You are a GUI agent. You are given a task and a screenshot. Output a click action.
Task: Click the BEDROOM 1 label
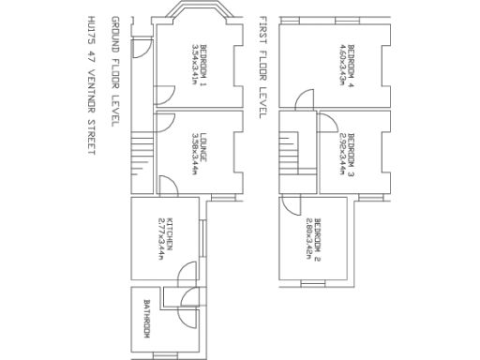pyautogui.click(x=202, y=65)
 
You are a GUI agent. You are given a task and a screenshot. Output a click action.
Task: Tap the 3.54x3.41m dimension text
pyautogui.click(x=193, y=65)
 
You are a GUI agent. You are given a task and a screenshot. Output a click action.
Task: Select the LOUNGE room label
pyautogui.click(x=202, y=144)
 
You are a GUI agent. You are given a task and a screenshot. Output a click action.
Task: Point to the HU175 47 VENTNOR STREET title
pyautogui.click(x=91, y=85)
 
